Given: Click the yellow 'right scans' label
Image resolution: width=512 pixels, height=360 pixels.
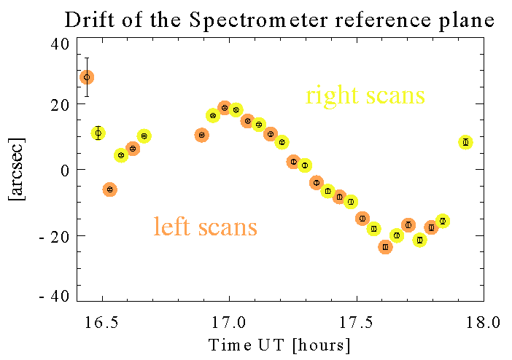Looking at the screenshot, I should (365, 95).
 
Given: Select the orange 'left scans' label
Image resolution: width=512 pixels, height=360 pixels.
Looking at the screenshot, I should (205, 227).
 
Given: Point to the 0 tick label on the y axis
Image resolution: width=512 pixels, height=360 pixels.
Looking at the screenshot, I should (64, 170).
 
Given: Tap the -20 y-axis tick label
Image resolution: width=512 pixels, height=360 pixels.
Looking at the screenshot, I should (55, 236).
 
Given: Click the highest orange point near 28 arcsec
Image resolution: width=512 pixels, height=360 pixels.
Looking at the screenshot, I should (87, 77).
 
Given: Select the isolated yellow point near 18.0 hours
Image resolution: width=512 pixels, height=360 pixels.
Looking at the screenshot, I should (465, 142).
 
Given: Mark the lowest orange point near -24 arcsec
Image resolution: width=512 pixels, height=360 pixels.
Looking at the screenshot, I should (385, 247).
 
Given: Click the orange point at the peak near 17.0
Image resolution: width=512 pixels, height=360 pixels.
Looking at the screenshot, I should (225, 108).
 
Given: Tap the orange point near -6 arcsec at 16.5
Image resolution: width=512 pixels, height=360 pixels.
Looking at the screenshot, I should (110, 189).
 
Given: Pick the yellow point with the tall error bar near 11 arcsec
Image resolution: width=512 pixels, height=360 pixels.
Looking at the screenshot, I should (98, 133).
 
